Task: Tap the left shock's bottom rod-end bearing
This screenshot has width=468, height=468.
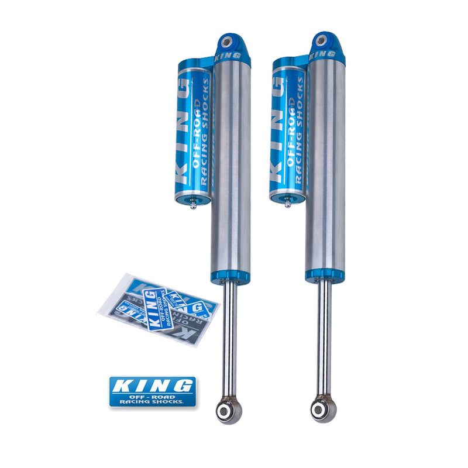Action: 229,410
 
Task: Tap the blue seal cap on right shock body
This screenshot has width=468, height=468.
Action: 323,274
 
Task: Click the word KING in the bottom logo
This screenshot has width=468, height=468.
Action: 152,386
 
